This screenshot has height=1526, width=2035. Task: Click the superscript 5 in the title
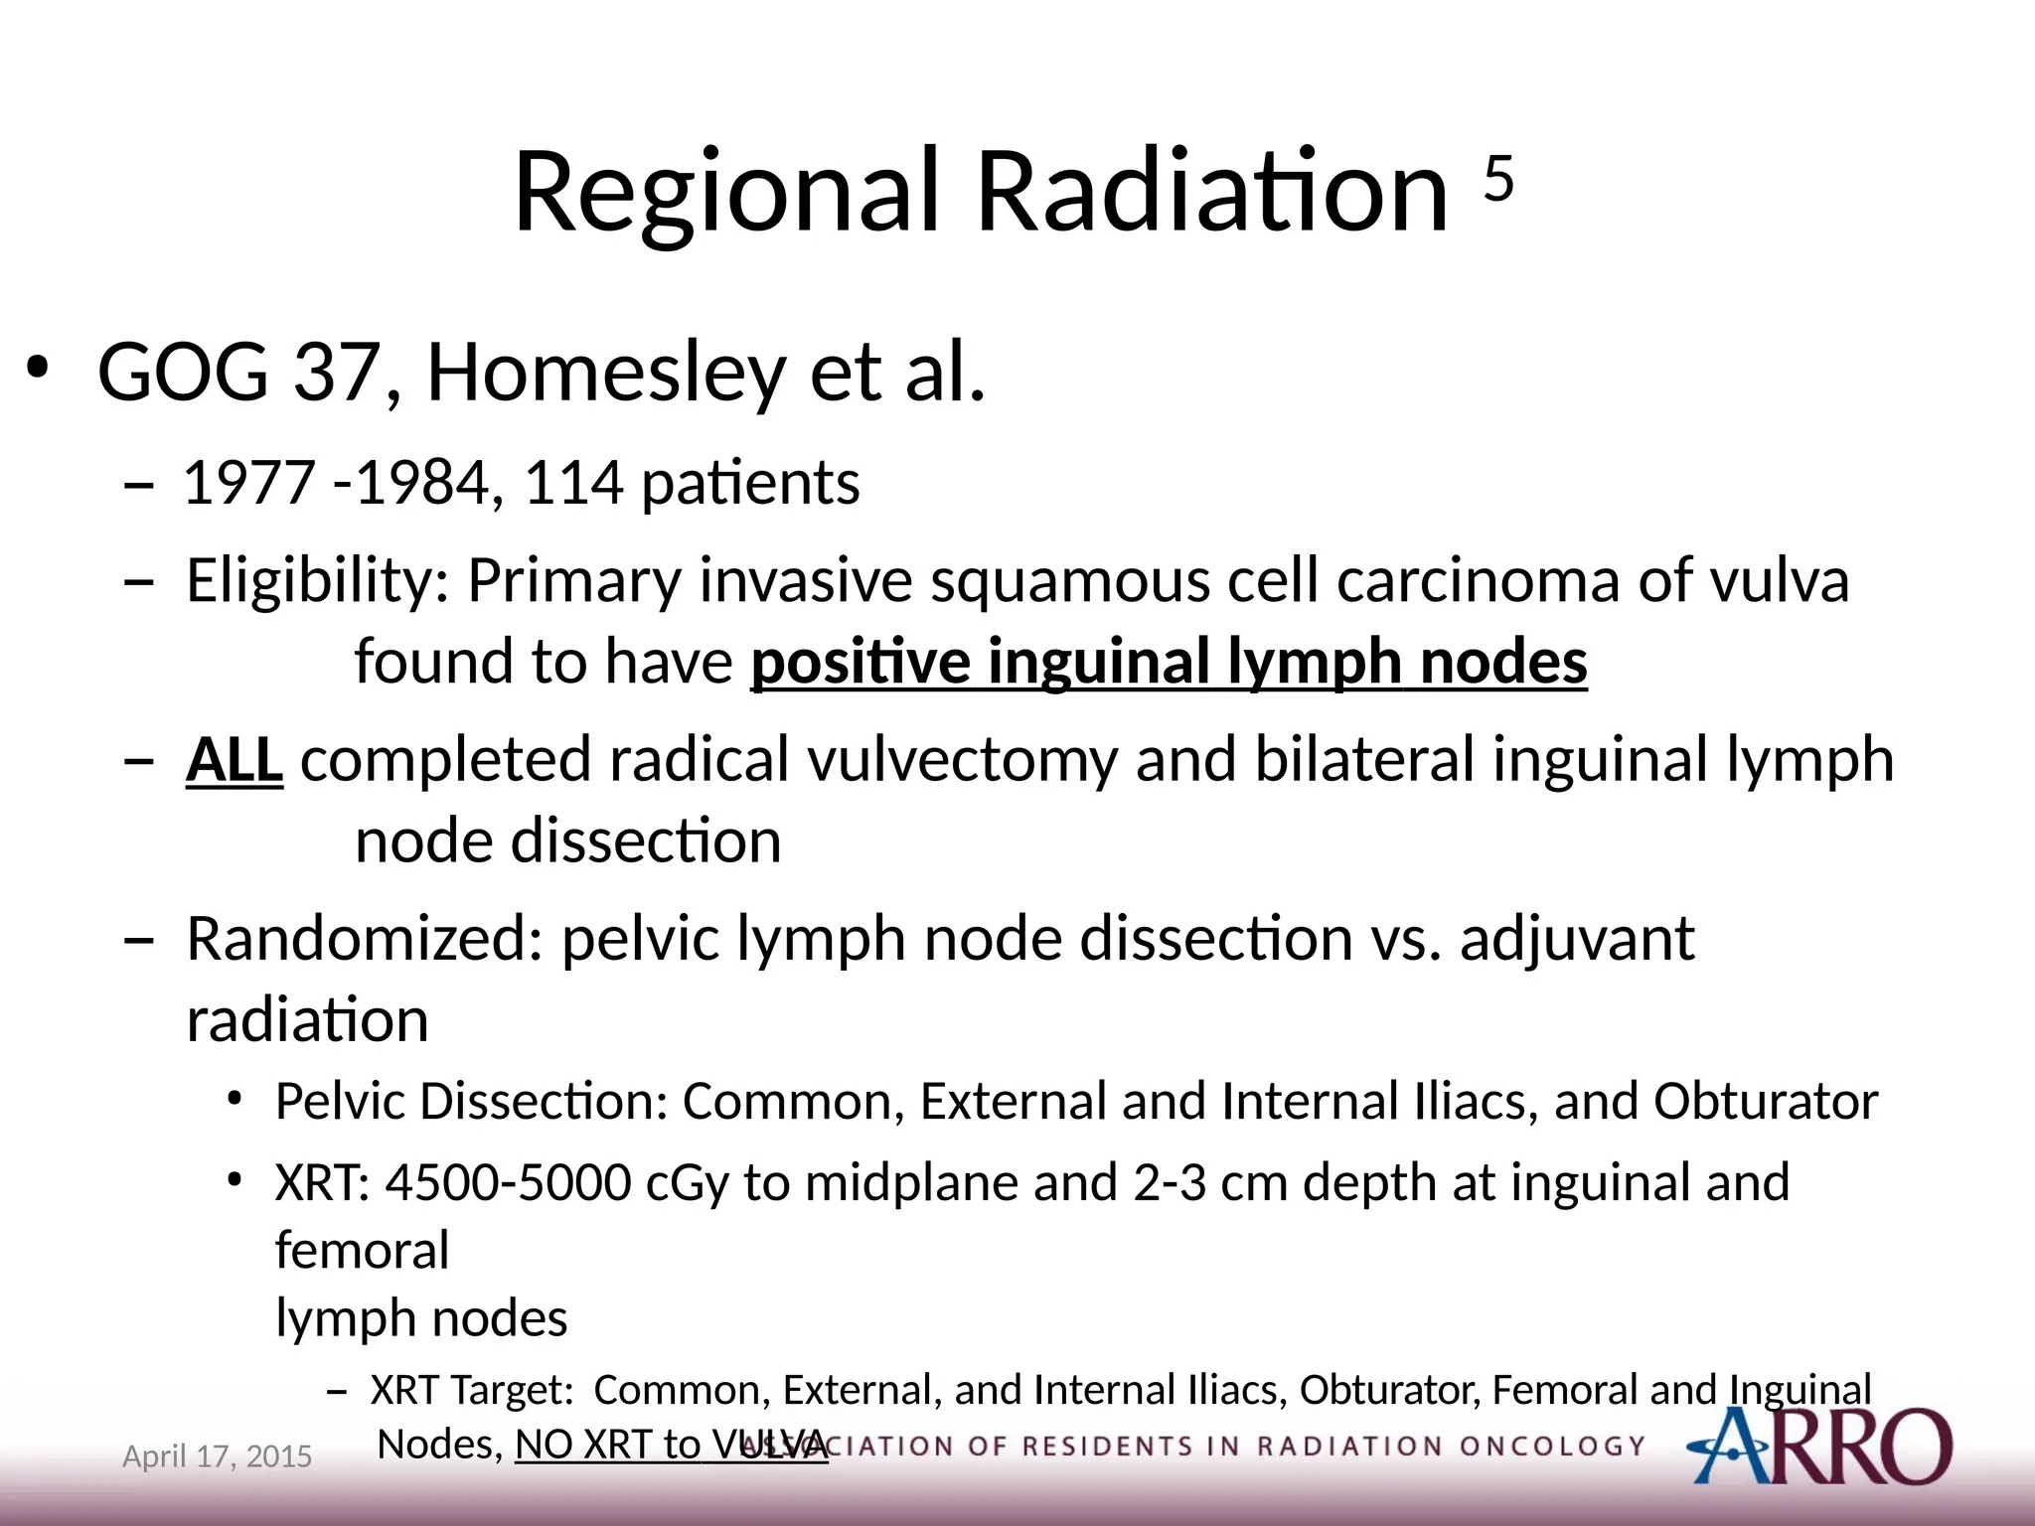click(x=1498, y=179)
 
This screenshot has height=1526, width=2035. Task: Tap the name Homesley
click(x=606, y=374)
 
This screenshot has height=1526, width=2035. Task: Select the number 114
click(x=573, y=484)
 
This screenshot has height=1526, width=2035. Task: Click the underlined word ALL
click(x=235, y=761)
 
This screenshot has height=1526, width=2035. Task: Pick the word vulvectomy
click(x=962, y=761)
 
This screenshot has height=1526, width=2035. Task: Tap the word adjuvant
click(x=1577, y=940)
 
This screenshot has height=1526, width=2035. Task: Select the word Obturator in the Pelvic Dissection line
click(x=1766, y=1102)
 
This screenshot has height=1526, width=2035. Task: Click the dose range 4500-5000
click(x=508, y=1183)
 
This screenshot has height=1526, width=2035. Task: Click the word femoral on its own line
click(x=362, y=1251)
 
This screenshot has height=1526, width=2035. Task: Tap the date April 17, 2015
click(x=217, y=1456)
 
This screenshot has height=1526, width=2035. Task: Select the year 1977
click(x=250, y=484)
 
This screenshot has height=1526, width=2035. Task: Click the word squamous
click(x=1069, y=581)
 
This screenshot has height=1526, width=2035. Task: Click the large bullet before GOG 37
click(x=38, y=369)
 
